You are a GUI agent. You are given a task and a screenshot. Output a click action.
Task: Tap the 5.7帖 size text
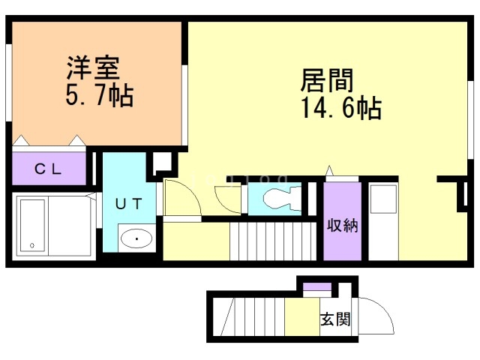[99, 95]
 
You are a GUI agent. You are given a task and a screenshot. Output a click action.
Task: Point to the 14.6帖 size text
[341, 109]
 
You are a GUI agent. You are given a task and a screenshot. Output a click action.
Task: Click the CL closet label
[49, 169]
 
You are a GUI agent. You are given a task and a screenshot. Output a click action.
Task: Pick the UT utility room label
[129, 202]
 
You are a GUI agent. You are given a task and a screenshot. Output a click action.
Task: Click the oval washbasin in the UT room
[136, 239]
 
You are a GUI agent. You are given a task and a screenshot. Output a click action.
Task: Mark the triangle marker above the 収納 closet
[328, 172]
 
